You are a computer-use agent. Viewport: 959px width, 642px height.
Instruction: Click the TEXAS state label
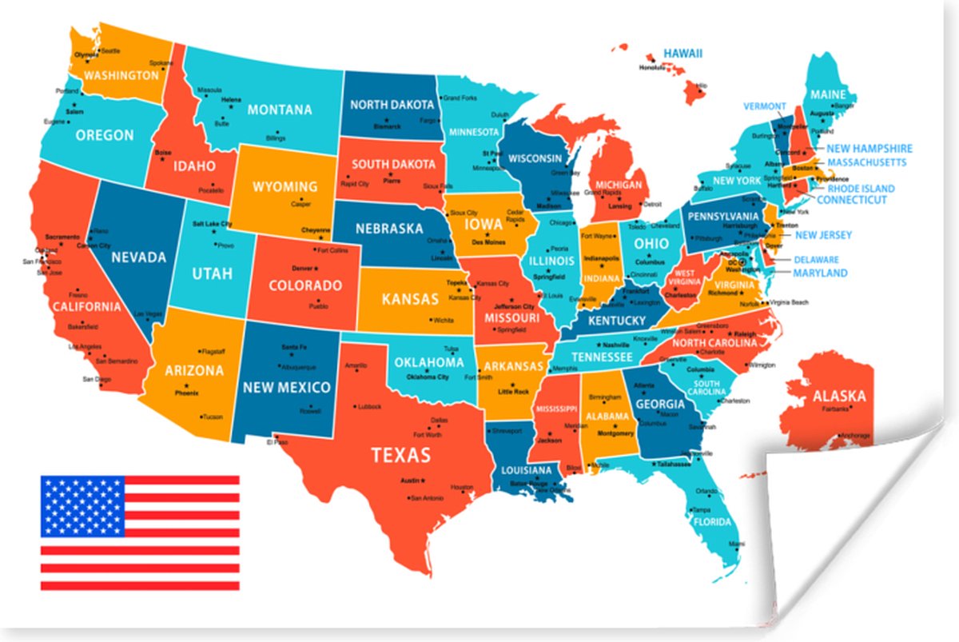point(400,456)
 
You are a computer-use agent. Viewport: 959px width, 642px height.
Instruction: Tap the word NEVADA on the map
point(138,257)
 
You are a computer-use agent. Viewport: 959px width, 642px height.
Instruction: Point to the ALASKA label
point(838,396)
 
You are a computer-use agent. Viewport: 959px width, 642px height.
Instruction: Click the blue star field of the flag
point(82,506)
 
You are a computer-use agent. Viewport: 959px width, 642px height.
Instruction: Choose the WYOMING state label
point(285,187)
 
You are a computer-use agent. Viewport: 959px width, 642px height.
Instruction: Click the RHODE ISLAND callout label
point(861,189)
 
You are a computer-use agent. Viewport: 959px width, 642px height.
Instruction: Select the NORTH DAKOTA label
point(392,105)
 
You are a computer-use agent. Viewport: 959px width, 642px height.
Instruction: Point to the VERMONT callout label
point(765,106)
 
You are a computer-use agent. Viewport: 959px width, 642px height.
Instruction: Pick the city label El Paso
point(277,441)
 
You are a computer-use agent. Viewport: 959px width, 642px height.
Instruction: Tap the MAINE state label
point(828,94)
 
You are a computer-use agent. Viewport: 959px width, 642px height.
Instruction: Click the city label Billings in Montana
point(276,138)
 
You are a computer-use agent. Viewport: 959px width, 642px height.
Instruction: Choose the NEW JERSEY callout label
point(823,235)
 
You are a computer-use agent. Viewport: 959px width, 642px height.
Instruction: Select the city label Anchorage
point(854,436)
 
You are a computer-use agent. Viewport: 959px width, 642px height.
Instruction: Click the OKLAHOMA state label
point(429,362)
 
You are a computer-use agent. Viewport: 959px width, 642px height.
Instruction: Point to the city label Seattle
point(110,50)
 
